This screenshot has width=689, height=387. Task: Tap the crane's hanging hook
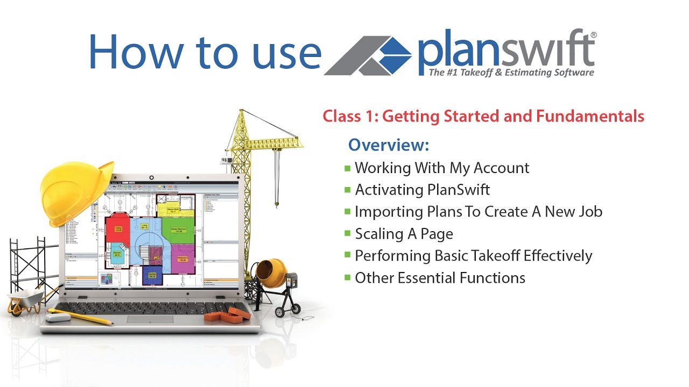277,203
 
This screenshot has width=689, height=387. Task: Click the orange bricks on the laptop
226,314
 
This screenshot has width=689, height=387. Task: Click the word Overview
388,145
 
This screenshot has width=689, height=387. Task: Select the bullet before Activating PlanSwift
347,190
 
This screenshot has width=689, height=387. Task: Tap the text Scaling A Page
404,234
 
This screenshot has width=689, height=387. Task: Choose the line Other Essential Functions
440,278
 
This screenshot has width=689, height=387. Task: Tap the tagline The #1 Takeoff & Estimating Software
511,73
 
